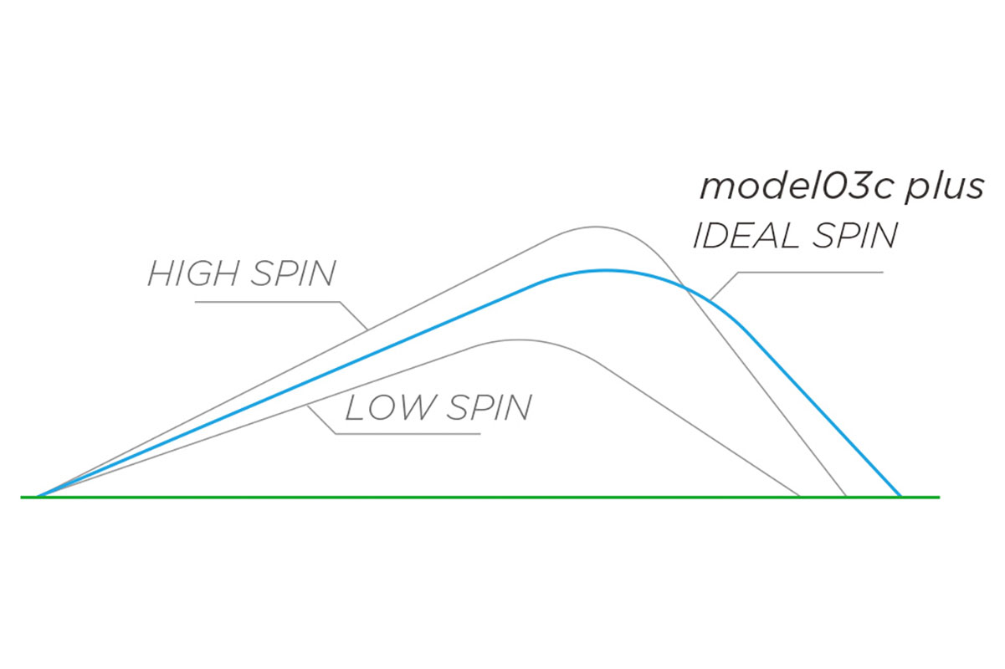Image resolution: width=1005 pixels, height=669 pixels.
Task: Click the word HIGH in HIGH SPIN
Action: pyautogui.click(x=195, y=273)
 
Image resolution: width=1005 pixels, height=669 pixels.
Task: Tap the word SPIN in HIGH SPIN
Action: pyautogui.click(x=294, y=273)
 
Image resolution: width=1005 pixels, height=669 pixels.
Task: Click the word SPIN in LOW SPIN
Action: pyautogui.click(x=489, y=407)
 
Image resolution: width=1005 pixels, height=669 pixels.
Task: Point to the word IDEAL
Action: pyautogui.click(x=746, y=236)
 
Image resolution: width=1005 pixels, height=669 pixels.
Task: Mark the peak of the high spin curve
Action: pyautogui.click(x=596, y=227)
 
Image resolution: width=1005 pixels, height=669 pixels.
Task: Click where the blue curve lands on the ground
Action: pyautogui.click(x=900, y=497)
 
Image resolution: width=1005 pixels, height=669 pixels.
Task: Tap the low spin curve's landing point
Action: pyautogui.click(x=800, y=497)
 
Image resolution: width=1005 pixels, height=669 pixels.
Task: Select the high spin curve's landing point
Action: pyautogui.click(x=847, y=497)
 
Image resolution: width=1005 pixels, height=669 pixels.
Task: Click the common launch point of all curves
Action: pyautogui.click(x=38, y=497)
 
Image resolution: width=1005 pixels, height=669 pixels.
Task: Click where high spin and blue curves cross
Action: pyautogui.click(x=685, y=289)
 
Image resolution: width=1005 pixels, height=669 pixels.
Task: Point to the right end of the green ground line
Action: pyautogui.click(x=940, y=497)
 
